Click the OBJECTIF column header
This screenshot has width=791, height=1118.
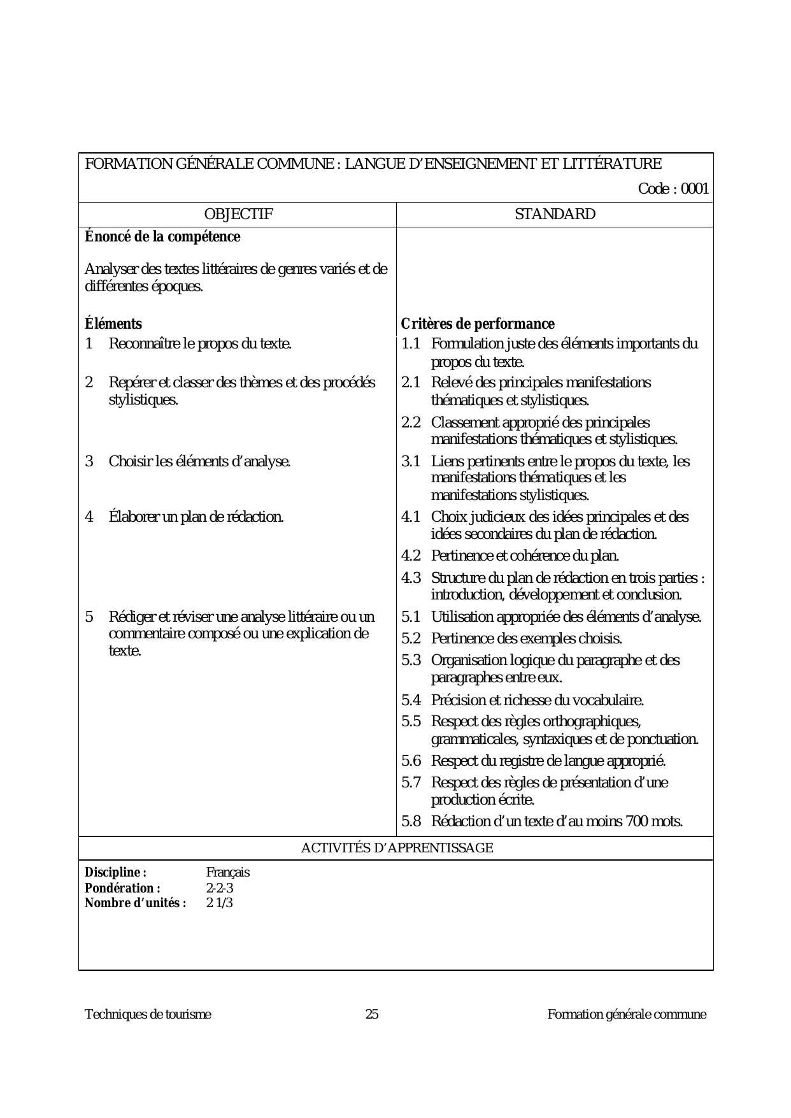pos(238,215)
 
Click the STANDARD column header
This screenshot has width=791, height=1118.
pos(555,215)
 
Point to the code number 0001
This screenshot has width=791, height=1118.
pos(695,189)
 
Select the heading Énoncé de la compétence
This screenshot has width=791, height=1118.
pos(162,237)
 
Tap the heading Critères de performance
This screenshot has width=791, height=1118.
pos(478,324)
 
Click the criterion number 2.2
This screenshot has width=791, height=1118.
pos(411,422)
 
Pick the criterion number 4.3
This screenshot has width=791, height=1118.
pos(411,578)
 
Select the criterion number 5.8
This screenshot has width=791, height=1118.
pos(411,822)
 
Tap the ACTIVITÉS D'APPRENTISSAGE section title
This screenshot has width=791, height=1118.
pos(396,848)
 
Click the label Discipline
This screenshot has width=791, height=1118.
pos(115,873)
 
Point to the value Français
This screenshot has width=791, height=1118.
pos(227,873)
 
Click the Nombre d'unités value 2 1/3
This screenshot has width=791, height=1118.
pos(219,903)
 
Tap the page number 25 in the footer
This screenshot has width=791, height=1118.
pos(372,1015)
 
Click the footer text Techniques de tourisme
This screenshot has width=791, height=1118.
pos(148,1015)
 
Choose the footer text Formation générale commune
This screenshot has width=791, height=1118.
pos(627,1015)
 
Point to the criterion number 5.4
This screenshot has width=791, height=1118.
pos(411,701)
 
